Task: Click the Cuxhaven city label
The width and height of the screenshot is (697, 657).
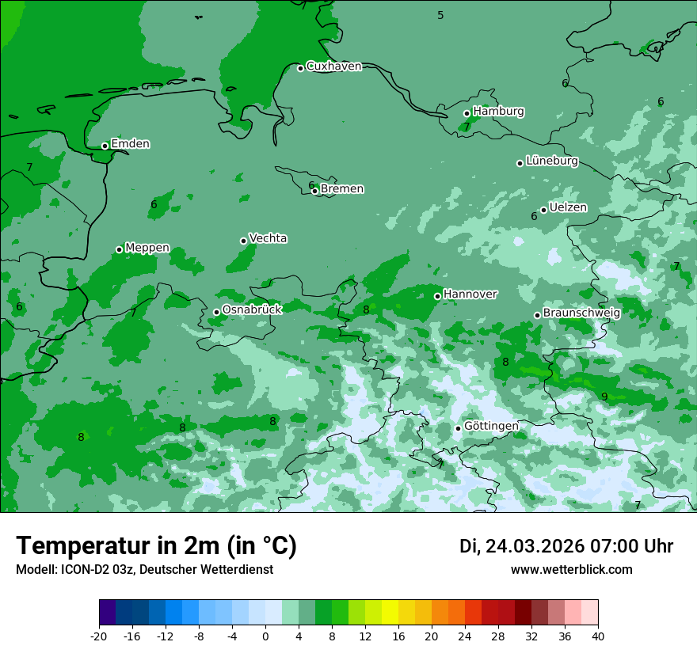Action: point(333,66)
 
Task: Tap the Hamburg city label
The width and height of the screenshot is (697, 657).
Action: point(498,112)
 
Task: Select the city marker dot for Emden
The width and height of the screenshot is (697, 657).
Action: point(105,146)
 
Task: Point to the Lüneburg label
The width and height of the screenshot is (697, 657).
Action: point(551,161)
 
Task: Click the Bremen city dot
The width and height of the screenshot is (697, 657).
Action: point(314,191)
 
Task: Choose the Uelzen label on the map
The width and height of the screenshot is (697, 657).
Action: point(568,208)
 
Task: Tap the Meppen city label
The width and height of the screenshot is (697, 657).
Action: point(147,248)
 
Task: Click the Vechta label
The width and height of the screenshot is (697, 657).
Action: point(268,238)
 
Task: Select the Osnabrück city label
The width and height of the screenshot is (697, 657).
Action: point(252,310)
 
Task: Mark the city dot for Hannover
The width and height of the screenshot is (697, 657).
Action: point(437,296)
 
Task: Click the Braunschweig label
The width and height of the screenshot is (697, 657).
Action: point(581,313)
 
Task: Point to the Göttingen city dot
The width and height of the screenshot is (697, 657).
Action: point(458,428)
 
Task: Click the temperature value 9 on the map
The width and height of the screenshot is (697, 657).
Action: point(604,397)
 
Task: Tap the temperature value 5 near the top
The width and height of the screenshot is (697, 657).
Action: point(440,15)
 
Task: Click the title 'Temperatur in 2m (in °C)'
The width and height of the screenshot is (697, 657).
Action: point(156,546)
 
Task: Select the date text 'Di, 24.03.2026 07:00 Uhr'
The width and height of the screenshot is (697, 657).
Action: point(566,546)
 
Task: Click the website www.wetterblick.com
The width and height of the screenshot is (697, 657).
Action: point(571,569)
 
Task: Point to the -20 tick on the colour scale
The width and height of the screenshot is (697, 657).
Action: point(99,636)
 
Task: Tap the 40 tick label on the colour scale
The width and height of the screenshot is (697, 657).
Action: point(598,636)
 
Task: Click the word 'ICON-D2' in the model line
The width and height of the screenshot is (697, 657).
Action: point(83,569)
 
